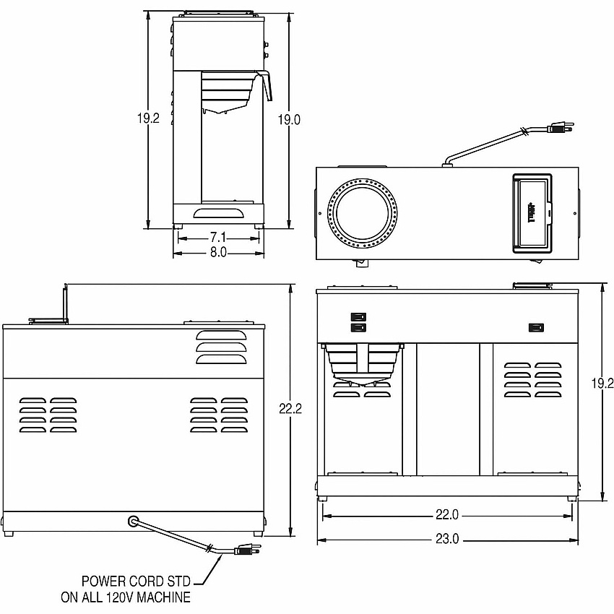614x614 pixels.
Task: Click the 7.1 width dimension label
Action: pos(218,238)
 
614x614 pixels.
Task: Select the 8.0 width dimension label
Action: pos(218,253)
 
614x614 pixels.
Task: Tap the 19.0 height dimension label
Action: pos(289,119)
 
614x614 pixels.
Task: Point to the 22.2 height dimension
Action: pos(290,409)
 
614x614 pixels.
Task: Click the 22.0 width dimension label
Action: pos(447,514)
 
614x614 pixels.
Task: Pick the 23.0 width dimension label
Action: pos(447,539)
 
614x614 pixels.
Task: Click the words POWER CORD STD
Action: pos(136,581)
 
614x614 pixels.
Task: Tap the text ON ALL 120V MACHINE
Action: pos(126,597)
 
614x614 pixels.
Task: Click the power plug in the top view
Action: pos(561,127)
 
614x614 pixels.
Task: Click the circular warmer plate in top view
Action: pos(362,213)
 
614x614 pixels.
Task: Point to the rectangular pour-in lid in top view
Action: pos(532,213)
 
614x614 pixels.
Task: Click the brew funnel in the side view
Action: pos(228,92)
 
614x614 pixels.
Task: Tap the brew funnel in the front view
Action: pos(361,362)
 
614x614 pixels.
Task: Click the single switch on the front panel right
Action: pos(536,327)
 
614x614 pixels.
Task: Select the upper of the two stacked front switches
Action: pos(358,316)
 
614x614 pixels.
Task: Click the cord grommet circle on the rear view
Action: pos(134,522)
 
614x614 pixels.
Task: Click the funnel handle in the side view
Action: pos(267,85)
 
